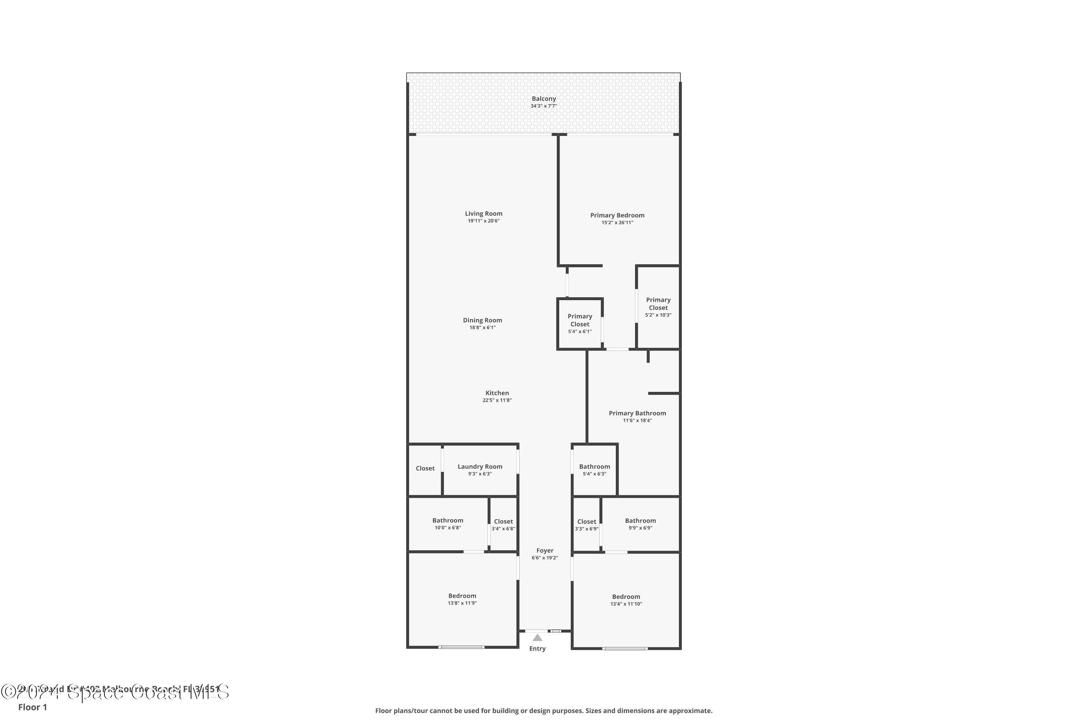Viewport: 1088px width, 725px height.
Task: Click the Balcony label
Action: [x=544, y=99]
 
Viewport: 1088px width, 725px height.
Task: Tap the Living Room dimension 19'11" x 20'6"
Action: [x=483, y=221]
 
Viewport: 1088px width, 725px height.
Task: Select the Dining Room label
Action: [x=482, y=320]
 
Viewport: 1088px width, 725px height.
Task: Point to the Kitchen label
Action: [x=497, y=393]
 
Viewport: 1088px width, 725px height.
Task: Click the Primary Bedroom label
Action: [x=617, y=215]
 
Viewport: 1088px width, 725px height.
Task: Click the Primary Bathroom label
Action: [x=637, y=413]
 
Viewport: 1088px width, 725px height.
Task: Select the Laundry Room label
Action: [x=480, y=467]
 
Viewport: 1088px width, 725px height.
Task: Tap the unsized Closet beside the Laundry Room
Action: [x=425, y=468]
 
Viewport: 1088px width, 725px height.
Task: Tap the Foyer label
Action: [x=544, y=551]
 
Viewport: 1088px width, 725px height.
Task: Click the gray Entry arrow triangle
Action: [x=537, y=638]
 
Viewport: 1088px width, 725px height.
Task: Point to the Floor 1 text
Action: [x=32, y=707]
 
